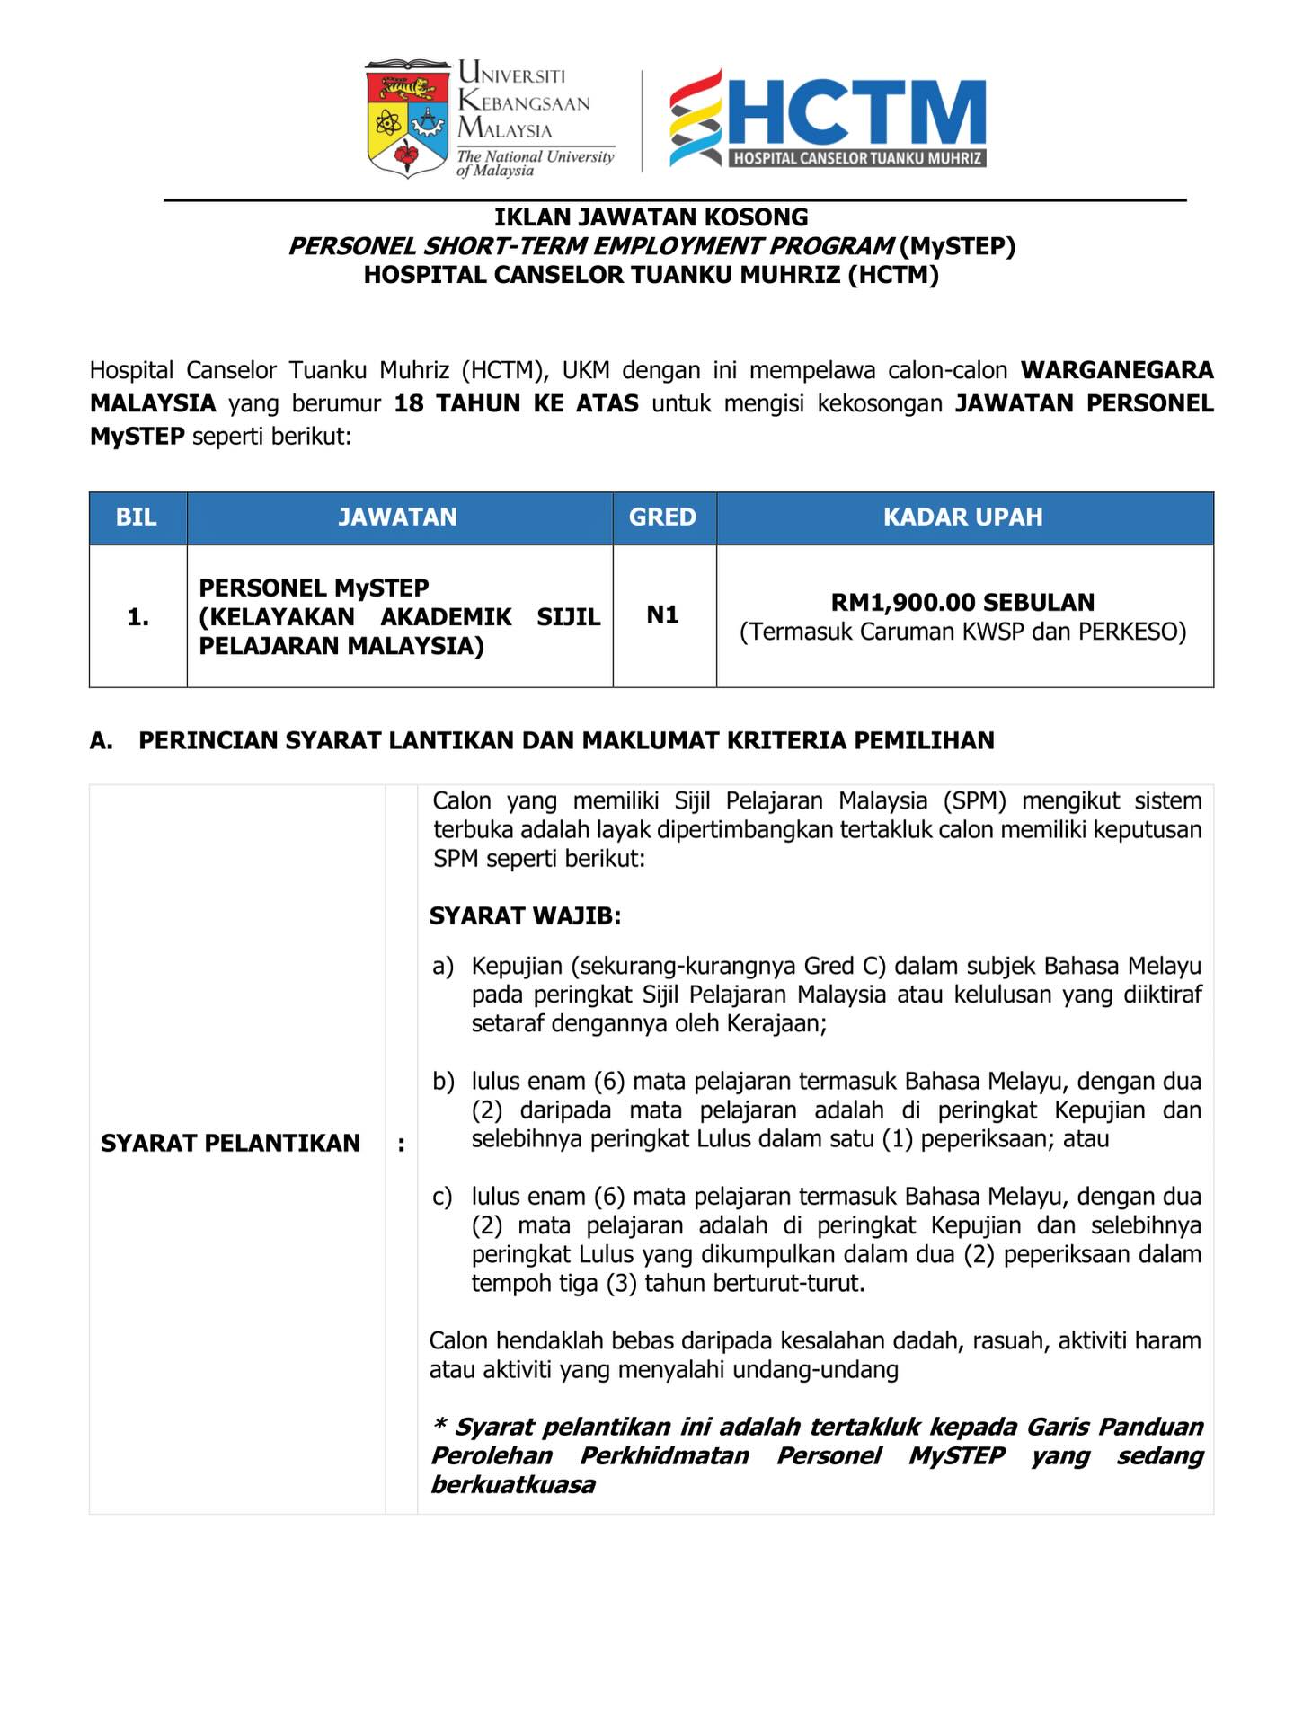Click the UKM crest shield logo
coord(407,119)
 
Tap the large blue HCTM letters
coord(857,112)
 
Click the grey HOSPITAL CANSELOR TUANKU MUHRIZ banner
coord(857,159)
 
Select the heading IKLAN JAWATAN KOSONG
coord(651,217)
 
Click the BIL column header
coord(137,517)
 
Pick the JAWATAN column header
coord(398,517)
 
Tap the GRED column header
coord(663,517)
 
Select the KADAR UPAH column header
coord(963,517)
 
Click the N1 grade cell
coord(663,615)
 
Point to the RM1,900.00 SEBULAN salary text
coord(963,602)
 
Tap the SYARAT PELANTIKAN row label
coord(230,1143)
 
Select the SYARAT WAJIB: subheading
coord(526,916)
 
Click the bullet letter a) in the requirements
coord(443,967)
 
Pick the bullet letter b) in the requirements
coord(443,1082)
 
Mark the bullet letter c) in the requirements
coord(442,1197)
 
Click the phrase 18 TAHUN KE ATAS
coord(517,403)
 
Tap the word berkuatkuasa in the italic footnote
coord(513,1484)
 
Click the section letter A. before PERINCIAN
coord(102,741)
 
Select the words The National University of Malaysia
coord(536,163)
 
